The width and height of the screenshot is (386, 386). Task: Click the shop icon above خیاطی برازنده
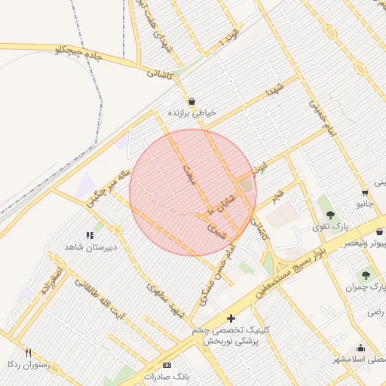[191, 101]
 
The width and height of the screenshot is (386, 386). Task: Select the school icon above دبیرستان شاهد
[90, 235]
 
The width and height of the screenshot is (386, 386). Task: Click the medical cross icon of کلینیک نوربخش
[231, 319]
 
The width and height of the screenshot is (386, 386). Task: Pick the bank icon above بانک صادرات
[167, 365]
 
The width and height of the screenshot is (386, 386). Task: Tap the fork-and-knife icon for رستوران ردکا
[28, 353]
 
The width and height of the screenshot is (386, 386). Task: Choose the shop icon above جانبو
[365, 191]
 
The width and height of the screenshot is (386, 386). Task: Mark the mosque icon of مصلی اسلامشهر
[361, 348]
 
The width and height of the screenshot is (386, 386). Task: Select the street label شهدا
[273, 94]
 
